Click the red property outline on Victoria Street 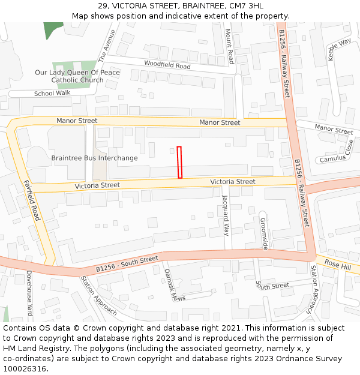179,162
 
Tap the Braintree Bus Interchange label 94,158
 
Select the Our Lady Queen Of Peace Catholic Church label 77,76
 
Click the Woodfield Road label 167,65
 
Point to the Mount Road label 229,46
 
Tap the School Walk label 52,93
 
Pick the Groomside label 264,233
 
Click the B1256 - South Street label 127,263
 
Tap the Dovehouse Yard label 28,292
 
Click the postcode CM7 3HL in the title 245,6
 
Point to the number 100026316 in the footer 25,368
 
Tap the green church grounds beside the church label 84,66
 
